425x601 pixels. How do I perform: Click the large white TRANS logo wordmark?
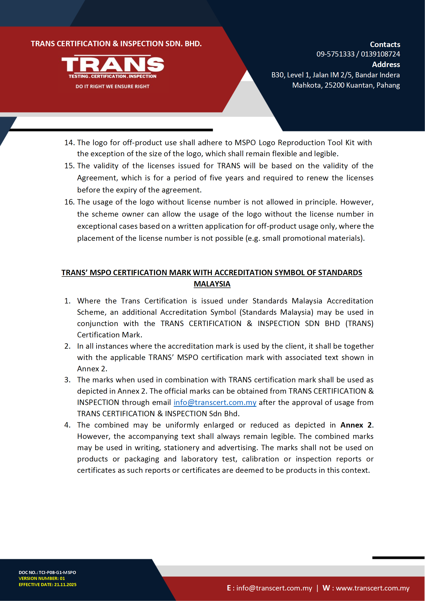click(113, 64)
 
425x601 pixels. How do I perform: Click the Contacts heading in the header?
click(385, 44)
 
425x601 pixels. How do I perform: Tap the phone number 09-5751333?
click(335, 54)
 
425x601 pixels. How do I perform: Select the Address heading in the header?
click(386, 65)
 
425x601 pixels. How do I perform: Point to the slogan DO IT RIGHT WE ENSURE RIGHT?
click(112, 86)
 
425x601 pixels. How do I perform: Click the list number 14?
click(69, 143)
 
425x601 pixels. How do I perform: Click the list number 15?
click(69, 166)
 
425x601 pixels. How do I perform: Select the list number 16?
click(69, 202)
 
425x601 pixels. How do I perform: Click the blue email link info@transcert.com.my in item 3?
click(215, 402)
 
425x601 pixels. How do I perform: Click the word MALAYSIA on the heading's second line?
click(212, 284)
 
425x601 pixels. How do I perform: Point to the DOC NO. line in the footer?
click(47, 572)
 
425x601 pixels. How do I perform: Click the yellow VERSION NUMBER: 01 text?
click(42, 578)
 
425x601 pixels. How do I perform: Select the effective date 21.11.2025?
click(65, 585)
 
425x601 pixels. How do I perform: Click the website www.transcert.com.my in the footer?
click(372, 588)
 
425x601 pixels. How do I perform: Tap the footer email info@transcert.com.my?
click(274, 588)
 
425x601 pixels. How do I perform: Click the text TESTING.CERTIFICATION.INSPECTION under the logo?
click(112, 76)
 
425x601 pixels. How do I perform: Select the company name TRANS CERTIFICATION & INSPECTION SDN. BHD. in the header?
click(116, 44)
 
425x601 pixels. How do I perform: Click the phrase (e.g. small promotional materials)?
click(305, 238)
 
